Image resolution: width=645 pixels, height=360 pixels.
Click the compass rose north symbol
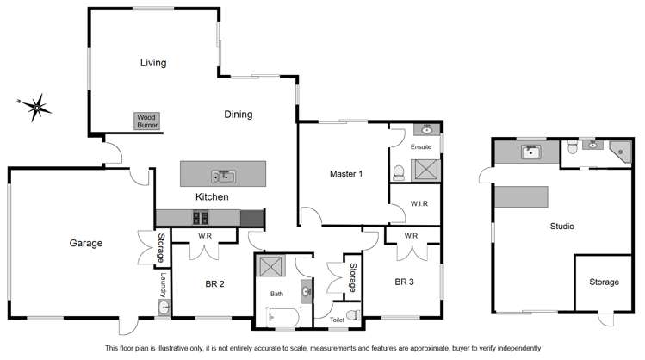(x=35, y=107)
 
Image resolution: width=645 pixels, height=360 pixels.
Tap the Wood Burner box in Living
(x=146, y=121)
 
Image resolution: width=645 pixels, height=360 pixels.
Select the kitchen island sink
(x=224, y=177)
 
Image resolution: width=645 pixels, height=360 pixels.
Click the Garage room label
(x=86, y=243)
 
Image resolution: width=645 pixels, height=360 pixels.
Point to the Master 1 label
(x=346, y=174)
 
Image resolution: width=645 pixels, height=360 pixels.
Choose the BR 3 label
(x=406, y=282)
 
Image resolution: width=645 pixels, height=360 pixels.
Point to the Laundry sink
(x=162, y=305)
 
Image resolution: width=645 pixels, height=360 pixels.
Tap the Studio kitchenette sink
(x=531, y=152)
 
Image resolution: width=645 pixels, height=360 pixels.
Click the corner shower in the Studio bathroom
(x=620, y=152)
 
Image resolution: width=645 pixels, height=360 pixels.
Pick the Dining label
(x=238, y=114)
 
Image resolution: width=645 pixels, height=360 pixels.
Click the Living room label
(x=153, y=62)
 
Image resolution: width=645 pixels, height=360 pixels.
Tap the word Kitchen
(x=211, y=197)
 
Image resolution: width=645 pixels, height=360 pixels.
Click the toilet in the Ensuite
(x=398, y=173)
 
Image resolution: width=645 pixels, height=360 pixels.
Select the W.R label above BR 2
(x=206, y=235)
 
